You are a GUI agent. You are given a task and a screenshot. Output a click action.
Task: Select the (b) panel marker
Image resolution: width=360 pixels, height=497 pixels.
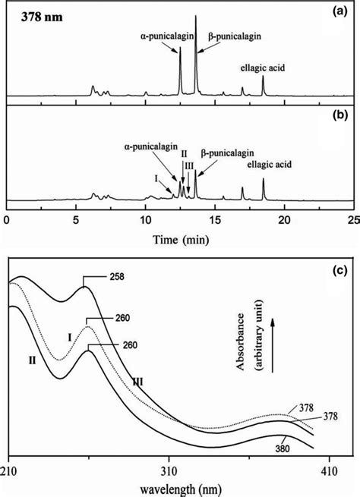pos(339,121)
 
